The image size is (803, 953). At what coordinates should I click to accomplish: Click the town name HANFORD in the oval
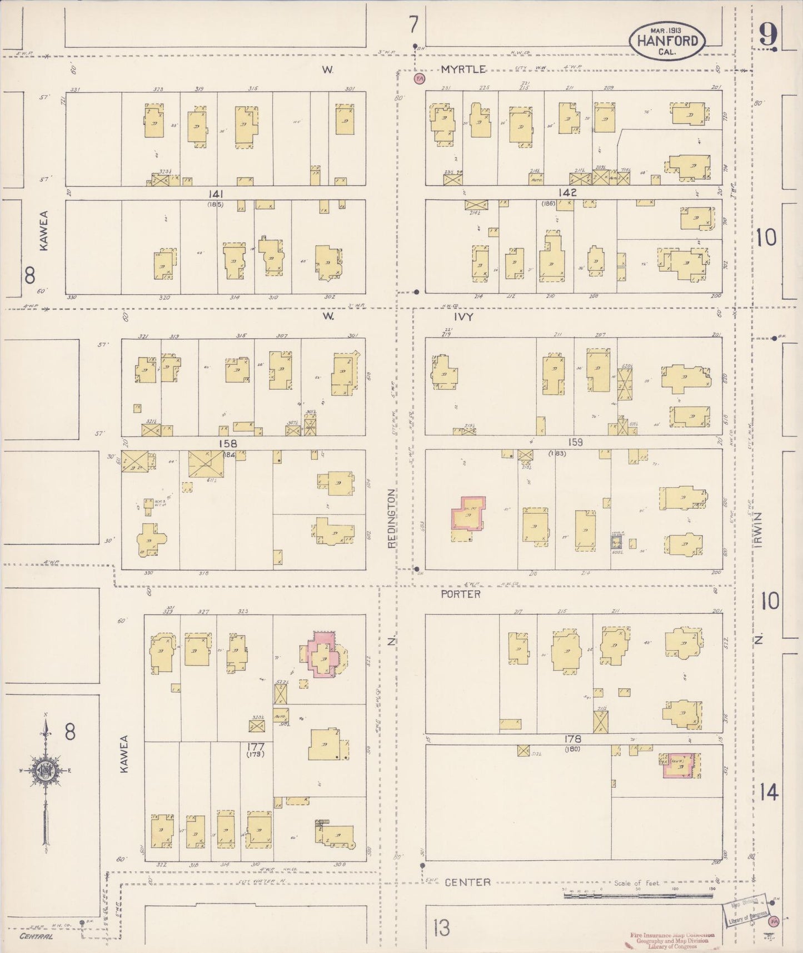(667, 41)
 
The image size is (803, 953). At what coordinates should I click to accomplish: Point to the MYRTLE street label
(463, 70)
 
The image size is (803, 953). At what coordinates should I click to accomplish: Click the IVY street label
(463, 316)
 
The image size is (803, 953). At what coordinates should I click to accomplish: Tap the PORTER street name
(461, 594)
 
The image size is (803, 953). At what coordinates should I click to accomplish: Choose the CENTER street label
(467, 882)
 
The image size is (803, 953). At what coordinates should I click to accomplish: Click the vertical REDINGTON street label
(391, 518)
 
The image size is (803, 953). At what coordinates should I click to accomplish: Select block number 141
(216, 193)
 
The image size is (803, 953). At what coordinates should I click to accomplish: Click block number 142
(568, 192)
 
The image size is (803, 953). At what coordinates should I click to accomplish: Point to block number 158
(227, 443)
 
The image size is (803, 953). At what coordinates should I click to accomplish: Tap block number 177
(256, 746)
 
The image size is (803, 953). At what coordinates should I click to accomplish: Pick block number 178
(572, 739)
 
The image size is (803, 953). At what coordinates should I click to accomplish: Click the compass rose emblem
(44, 771)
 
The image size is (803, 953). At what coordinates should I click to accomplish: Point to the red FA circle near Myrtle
(419, 78)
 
